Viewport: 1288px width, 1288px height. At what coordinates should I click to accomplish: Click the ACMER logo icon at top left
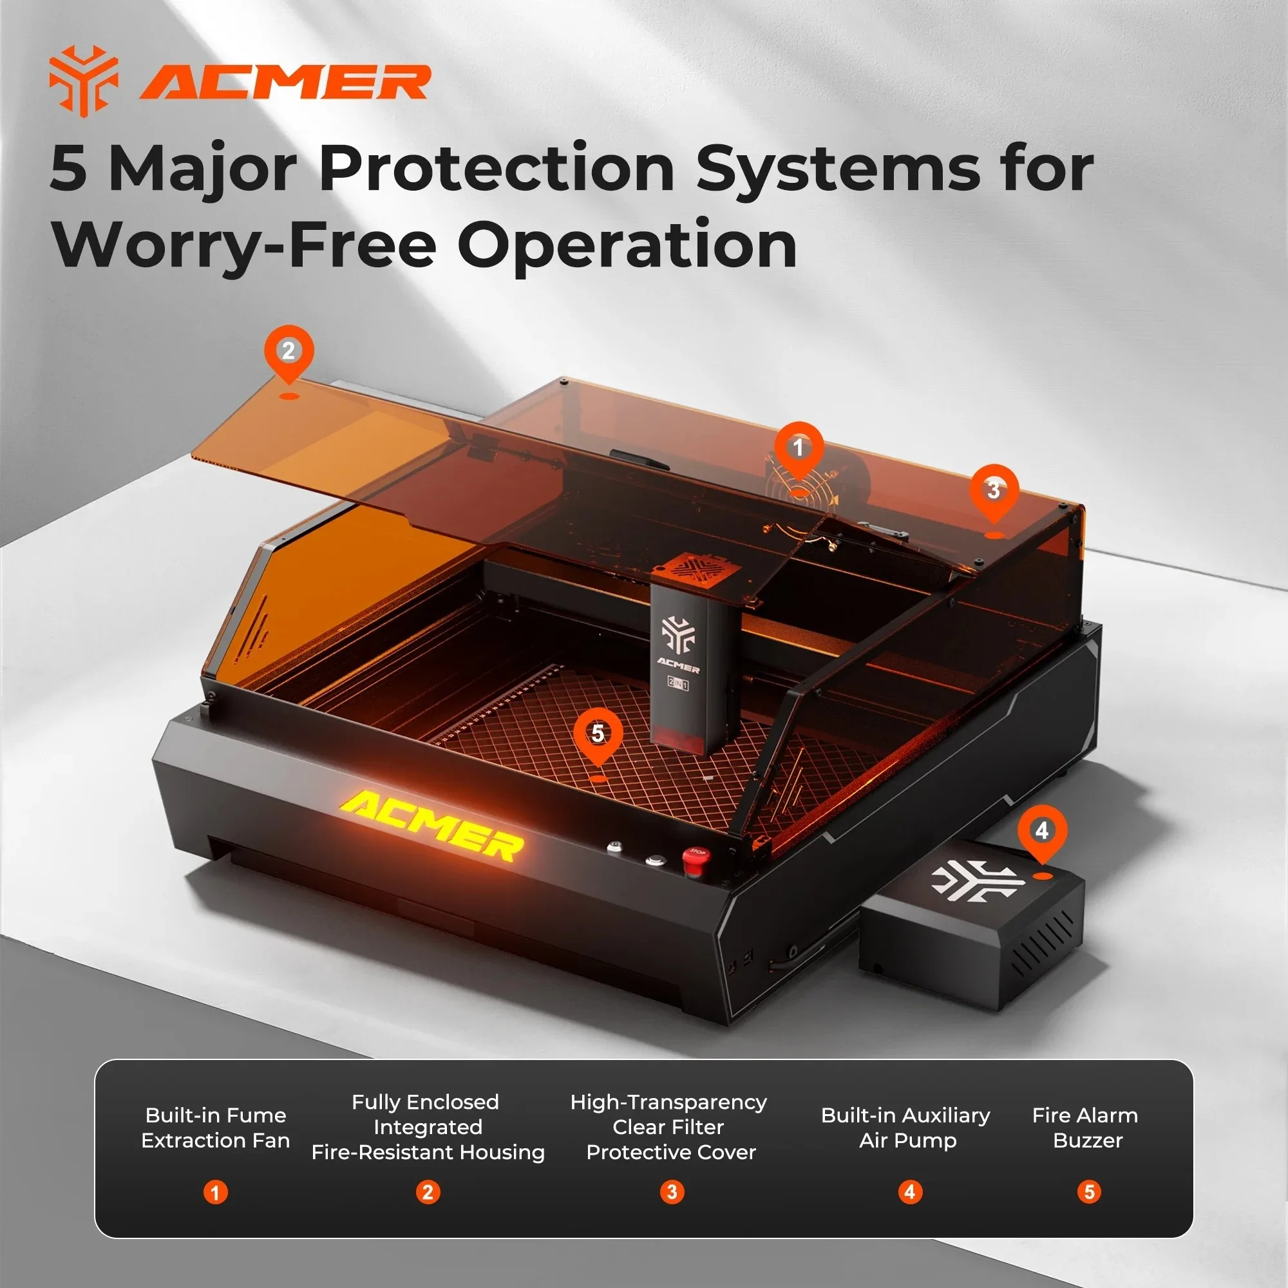tap(84, 80)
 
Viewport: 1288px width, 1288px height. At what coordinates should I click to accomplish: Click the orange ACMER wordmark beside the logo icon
tap(285, 82)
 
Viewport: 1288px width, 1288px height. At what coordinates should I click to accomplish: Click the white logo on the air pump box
tap(978, 880)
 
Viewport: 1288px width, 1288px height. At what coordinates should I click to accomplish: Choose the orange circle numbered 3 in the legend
tap(672, 1192)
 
